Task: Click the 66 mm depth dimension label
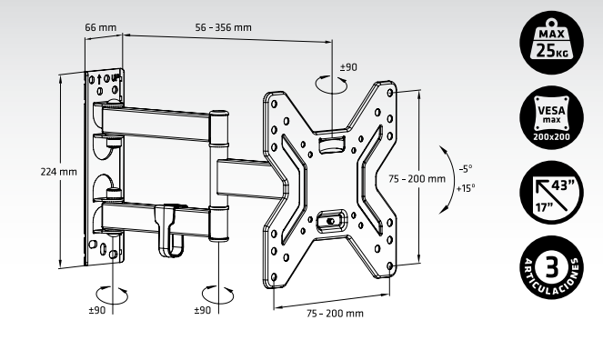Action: click(101, 27)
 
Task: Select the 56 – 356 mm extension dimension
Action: click(223, 27)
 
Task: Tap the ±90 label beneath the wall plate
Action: click(97, 310)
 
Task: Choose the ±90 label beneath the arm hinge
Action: click(204, 310)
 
